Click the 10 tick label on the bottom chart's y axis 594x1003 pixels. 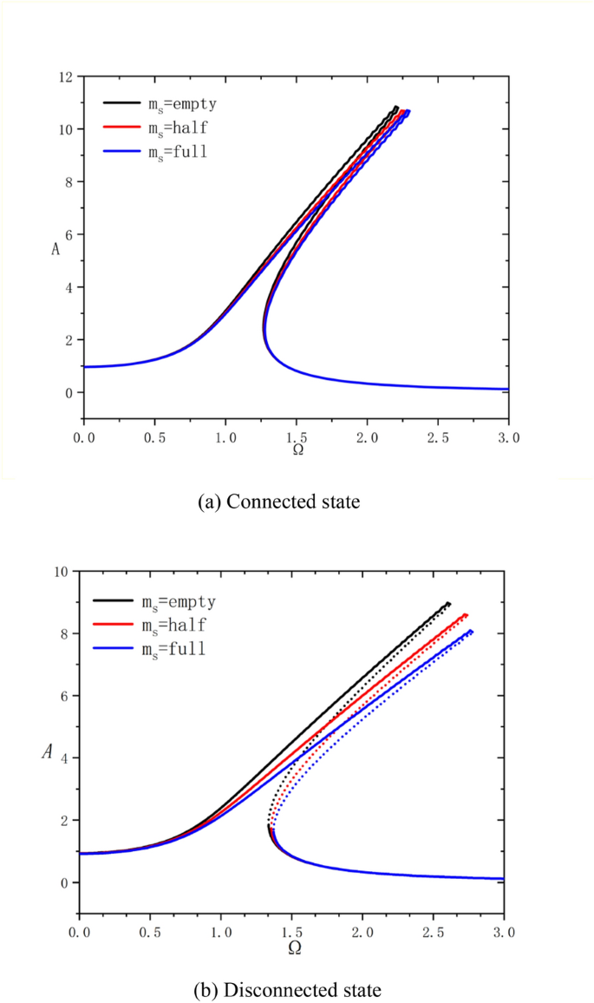61,572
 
